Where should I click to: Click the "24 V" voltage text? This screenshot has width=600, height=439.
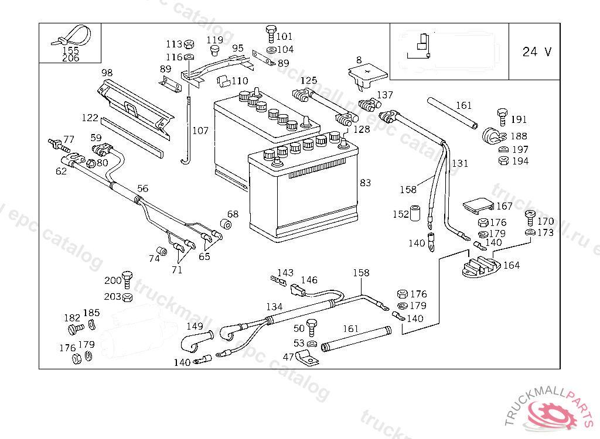coord(537,52)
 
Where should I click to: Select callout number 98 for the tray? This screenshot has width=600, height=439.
coord(107,73)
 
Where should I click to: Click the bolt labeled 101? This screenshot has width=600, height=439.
coord(270,32)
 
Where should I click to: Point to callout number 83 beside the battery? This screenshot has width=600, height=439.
coord(365,183)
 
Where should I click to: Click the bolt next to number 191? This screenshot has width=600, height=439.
coord(502,115)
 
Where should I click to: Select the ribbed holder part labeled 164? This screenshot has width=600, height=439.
coord(479,266)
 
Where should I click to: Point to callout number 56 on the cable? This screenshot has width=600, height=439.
coord(143,188)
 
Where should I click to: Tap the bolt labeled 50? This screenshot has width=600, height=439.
coord(312,327)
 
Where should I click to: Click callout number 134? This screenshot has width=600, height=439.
coord(274,307)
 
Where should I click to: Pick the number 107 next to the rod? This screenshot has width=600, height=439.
coord(200,131)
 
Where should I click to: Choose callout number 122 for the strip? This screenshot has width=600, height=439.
coord(90,118)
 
